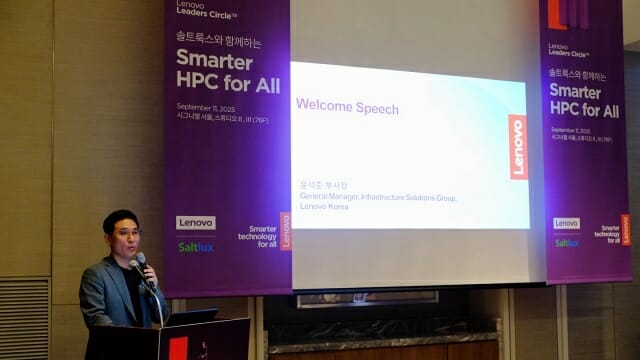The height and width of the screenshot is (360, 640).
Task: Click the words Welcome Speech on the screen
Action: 347,108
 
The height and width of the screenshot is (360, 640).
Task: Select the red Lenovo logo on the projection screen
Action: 517,147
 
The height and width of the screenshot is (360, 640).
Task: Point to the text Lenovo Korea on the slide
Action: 324,207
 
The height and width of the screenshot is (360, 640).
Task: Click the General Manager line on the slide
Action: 377,198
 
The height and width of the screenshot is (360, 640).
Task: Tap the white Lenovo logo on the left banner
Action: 196,223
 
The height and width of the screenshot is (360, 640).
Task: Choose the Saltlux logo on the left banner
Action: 195,246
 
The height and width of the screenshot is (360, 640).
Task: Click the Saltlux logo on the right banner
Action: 566,242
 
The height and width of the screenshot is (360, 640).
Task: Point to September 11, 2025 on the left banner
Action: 206,107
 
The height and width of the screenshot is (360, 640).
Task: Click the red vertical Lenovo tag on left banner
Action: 285,231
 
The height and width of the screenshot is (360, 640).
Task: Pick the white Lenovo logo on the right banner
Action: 566,223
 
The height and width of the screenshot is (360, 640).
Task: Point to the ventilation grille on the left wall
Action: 21,318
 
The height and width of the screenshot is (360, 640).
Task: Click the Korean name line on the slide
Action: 321,185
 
